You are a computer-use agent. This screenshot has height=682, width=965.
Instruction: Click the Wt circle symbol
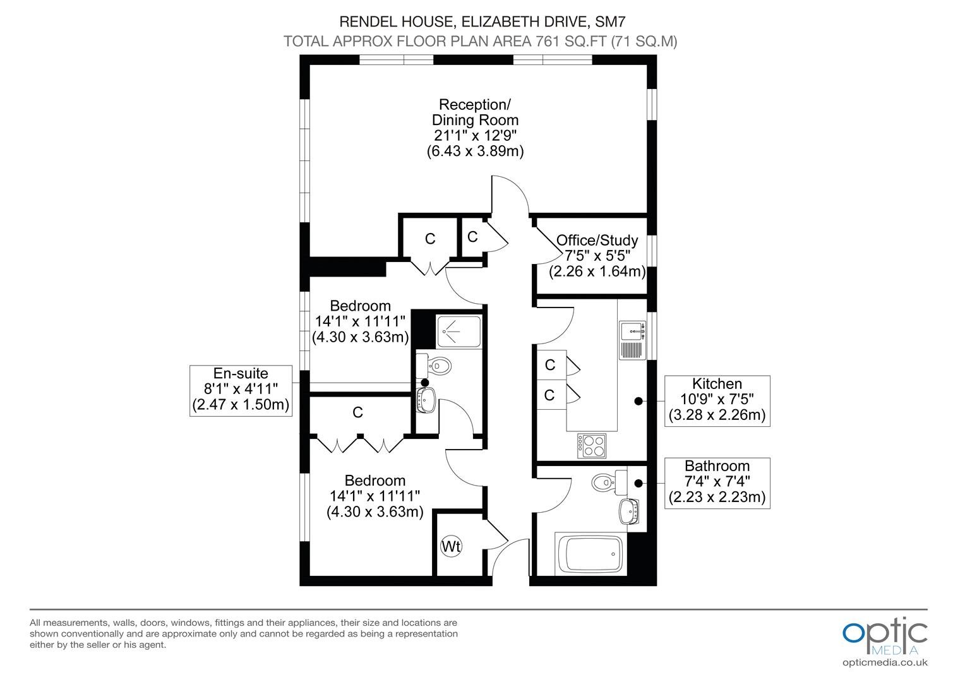click(451, 546)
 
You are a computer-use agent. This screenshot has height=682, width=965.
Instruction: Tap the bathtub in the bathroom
click(590, 553)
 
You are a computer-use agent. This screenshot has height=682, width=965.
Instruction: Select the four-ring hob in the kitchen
click(592, 446)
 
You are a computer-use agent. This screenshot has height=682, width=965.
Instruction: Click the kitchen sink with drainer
click(632, 340)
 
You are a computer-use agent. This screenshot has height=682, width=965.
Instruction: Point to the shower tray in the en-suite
click(459, 332)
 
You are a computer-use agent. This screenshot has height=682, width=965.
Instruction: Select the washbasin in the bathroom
click(629, 512)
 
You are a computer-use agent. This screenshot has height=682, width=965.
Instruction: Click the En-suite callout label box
click(241, 391)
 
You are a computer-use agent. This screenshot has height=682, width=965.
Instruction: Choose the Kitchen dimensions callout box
click(717, 400)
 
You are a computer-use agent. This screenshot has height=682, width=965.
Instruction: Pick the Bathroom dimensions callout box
click(717, 483)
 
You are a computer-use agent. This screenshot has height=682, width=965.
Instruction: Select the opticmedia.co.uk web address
click(885, 663)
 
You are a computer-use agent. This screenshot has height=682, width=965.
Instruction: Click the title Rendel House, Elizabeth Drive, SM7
click(482, 21)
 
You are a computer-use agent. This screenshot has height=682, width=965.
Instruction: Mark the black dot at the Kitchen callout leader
click(638, 401)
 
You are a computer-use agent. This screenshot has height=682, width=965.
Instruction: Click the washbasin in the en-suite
click(426, 400)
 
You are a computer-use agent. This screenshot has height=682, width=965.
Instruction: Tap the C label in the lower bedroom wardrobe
click(357, 412)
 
